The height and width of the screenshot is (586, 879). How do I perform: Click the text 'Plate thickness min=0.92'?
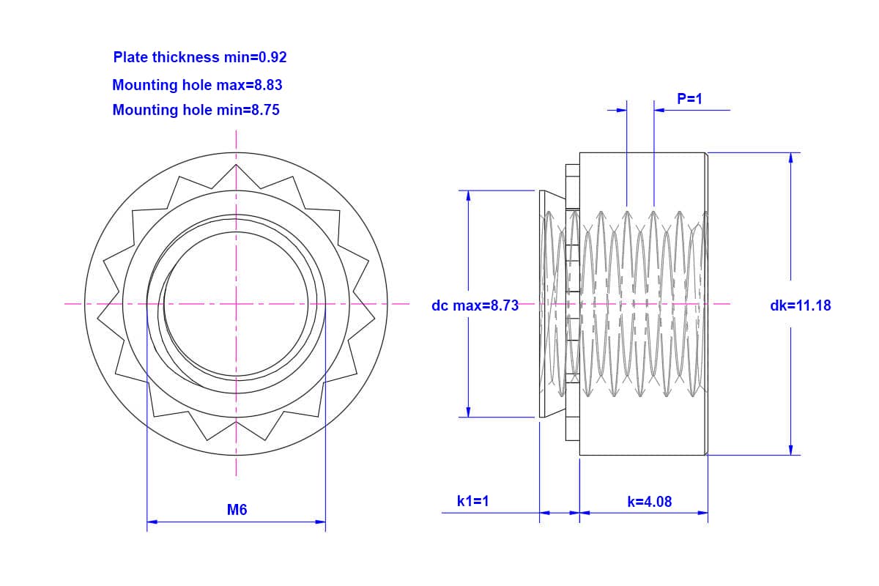pos(200,57)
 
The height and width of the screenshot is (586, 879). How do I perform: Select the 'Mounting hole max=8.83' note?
pos(197,85)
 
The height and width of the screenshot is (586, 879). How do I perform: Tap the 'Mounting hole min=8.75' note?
pos(196,110)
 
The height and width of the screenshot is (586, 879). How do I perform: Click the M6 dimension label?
pos(237,510)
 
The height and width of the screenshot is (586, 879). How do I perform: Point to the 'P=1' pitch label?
pos(689,99)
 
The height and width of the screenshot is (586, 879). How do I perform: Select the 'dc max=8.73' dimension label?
pos(475,305)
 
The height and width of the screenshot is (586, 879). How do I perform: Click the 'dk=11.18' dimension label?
pos(801,305)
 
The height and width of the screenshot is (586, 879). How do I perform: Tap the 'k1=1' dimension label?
pos(473,501)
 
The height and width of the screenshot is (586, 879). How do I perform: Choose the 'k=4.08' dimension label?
pos(650,502)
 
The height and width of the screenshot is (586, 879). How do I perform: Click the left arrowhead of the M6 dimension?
pos(152,522)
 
